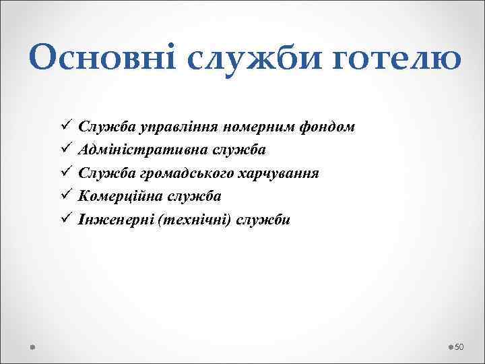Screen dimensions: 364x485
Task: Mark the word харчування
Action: point(283,173)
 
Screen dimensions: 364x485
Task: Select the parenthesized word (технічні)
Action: point(189,219)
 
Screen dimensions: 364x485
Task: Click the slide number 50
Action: point(460,346)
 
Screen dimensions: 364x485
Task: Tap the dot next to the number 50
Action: point(450,346)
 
